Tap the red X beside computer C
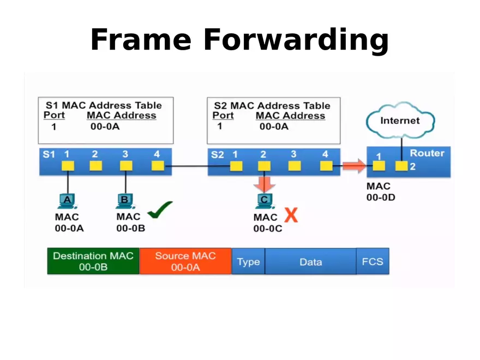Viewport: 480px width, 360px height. coord(292,215)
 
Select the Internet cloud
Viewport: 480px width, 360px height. coord(400,120)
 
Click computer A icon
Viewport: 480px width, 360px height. coord(68,201)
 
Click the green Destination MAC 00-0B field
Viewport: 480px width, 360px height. coord(93,261)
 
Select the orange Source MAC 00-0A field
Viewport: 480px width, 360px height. coord(185,261)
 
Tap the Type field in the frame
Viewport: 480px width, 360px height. coord(248,262)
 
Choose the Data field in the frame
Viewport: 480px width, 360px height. coord(310,262)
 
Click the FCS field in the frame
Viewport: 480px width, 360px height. coord(373,262)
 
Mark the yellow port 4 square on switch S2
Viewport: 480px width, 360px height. coord(326,166)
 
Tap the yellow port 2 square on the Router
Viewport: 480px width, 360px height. coord(401,166)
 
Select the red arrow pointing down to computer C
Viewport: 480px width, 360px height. coord(265,183)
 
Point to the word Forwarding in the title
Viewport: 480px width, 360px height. coord(296,40)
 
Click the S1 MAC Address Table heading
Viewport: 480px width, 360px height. coord(104,105)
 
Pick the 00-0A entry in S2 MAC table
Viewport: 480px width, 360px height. coord(274,127)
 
